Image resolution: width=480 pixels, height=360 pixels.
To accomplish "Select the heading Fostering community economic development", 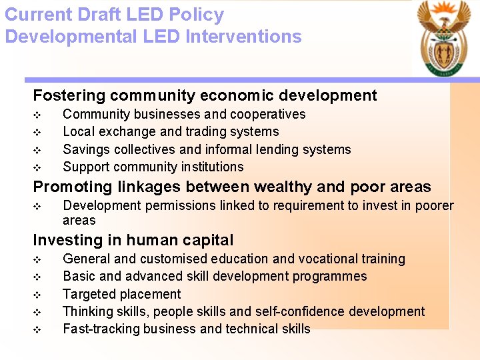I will pos(205,95).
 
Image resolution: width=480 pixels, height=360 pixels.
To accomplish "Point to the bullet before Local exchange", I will pos(37,132).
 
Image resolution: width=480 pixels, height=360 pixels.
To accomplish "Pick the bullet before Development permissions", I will pos(37,207).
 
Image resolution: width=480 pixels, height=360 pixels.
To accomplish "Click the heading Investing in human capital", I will pos(133,240).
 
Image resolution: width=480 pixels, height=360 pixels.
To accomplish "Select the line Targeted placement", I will pos(121,294).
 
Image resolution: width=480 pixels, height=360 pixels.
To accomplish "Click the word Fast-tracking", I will pos(98,329).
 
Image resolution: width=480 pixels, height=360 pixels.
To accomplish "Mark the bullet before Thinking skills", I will pos(37,311).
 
